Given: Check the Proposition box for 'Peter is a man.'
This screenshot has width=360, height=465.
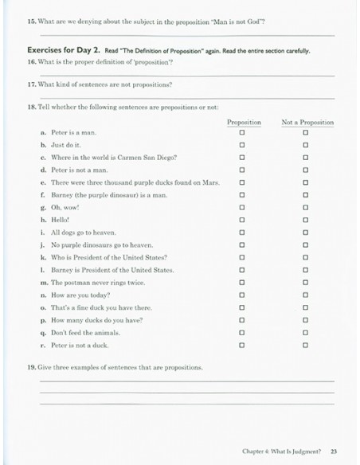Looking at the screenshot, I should [x=242, y=133].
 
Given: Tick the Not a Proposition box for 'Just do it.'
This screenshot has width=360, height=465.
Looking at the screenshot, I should [x=306, y=146].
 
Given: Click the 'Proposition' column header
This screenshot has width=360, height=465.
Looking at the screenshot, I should [x=244, y=122].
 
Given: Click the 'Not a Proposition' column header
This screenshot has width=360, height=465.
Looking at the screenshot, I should [x=307, y=122].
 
